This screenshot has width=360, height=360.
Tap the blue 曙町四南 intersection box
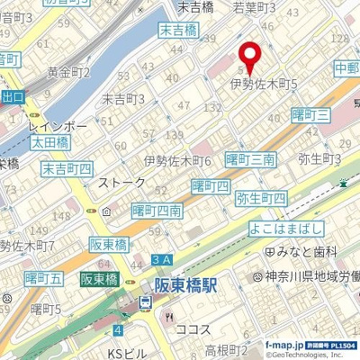tap(157, 210)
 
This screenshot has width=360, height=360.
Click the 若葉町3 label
tap(255, 7)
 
